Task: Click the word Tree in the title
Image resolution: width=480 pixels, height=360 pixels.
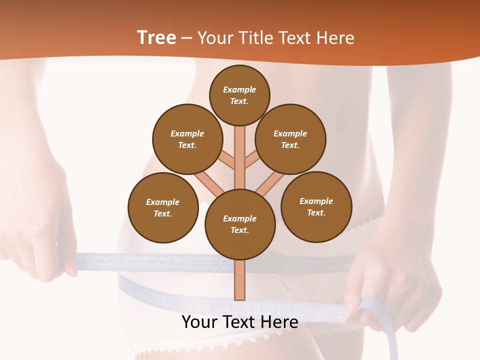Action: point(156,37)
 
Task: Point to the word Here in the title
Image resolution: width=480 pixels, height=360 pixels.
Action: point(334,38)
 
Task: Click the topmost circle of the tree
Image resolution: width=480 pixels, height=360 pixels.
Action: point(239,95)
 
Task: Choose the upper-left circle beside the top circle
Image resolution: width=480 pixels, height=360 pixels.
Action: point(187,139)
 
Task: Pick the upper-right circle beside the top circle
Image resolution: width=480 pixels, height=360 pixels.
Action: point(290,139)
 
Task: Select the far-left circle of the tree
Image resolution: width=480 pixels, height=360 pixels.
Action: point(163,207)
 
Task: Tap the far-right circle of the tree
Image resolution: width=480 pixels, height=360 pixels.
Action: point(316,206)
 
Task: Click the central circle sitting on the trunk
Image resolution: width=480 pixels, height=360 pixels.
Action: point(240,224)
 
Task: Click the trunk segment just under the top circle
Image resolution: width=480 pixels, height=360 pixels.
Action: point(240,150)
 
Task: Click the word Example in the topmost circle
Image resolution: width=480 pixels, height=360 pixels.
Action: point(239,89)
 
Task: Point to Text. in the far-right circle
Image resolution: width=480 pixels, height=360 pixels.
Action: point(316,212)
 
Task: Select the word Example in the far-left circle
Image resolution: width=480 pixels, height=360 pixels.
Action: point(163,202)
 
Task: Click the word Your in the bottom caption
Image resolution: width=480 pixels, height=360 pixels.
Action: point(200,322)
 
